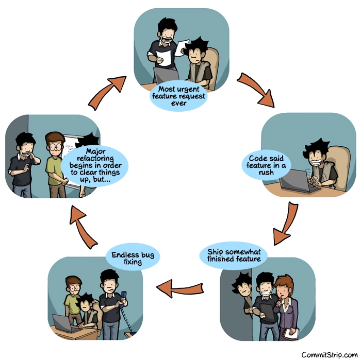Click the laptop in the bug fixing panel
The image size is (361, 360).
[x=64, y=323]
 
